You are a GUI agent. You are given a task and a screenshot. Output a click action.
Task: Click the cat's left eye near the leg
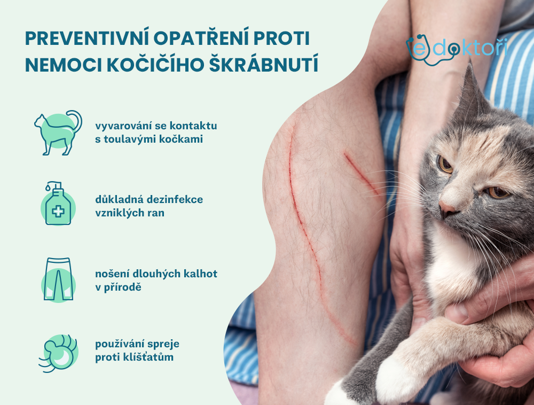(x=445, y=164)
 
